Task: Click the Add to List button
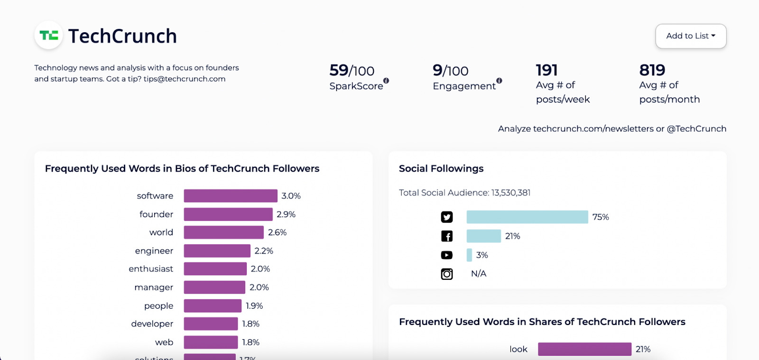[691, 36]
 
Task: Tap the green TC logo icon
[49, 36]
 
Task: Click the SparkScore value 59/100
[352, 71]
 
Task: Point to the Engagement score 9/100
[450, 71]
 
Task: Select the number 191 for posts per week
[546, 70]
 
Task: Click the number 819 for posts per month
[652, 70]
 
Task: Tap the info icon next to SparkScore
[386, 81]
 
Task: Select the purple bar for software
[231, 196]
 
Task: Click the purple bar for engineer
[217, 251]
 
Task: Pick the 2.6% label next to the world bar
[277, 232]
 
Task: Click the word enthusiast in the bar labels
[151, 269]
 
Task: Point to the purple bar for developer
[211, 324]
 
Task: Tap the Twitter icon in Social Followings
[447, 217]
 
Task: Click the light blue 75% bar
[527, 217]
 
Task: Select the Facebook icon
[447, 236]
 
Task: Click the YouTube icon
[447, 255]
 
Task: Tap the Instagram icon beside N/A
[447, 274]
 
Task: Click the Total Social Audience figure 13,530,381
[511, 193]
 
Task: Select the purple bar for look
[584, 349]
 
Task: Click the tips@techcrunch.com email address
[185, 79]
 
